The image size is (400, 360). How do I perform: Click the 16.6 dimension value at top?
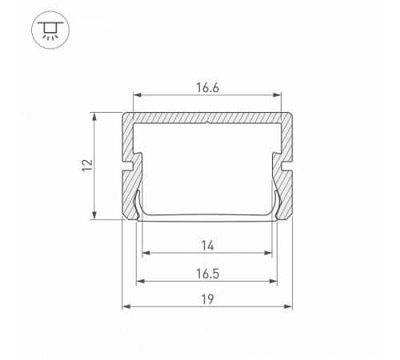click(x=207, y=88)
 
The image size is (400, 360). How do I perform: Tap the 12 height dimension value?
click(x=87, y=166)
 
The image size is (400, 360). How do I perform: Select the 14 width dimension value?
click(x=207, y=246)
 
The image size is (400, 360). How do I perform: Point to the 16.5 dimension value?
click(x=207, y=274)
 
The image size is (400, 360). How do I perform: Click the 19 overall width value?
click(x=207, y=299)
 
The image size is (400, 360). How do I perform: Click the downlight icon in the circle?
click(x=50, y=30)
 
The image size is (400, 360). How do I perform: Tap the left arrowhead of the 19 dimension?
click(x=126, y=306)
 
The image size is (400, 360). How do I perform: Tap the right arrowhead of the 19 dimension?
click(x=289, y=306)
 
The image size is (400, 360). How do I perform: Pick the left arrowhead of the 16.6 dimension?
click(x=137, y=95)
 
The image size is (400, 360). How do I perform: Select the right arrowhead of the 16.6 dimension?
click(x=278, y=95)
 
